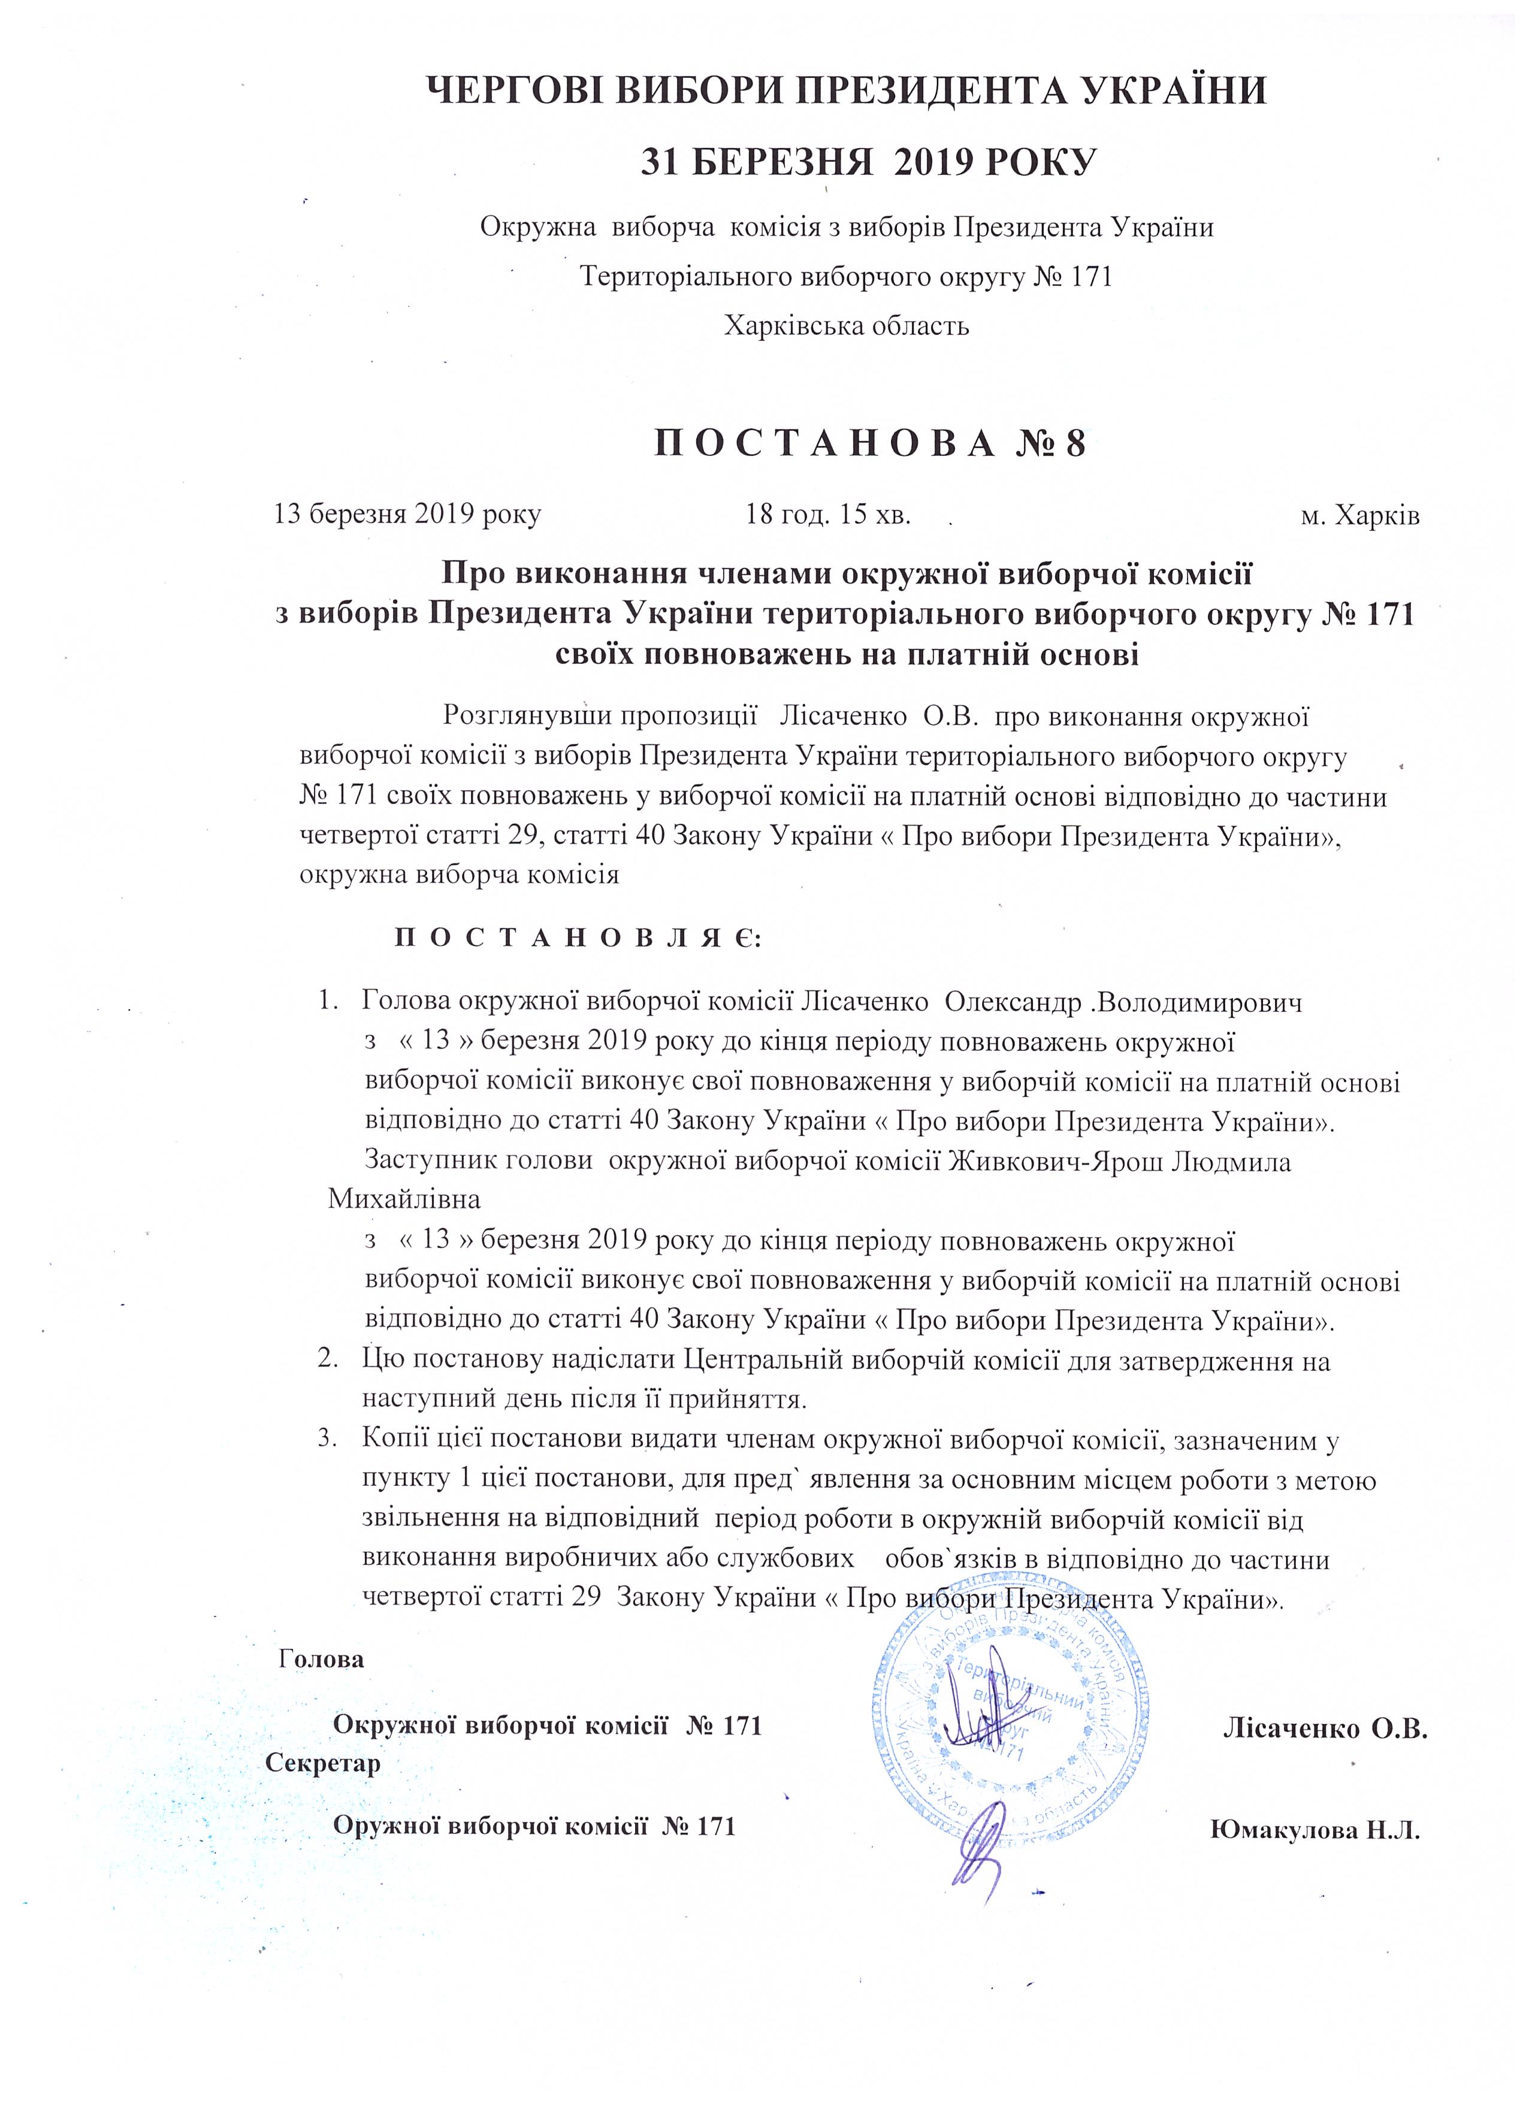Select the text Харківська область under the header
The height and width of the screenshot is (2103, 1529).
845,325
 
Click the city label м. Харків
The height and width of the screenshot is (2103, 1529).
1360,515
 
